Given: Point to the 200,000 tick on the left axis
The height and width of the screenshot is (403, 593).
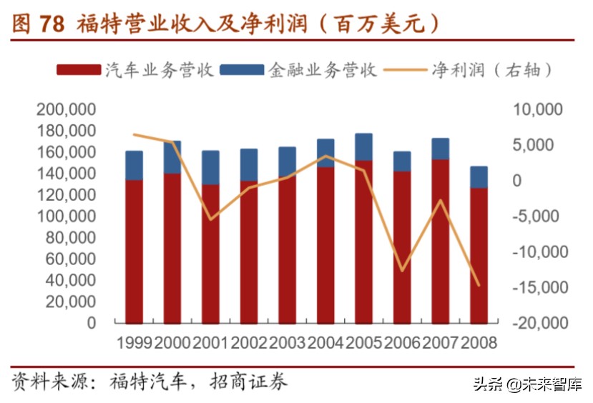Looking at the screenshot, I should (66, 110).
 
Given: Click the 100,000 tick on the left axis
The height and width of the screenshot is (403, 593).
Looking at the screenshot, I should (66, 217).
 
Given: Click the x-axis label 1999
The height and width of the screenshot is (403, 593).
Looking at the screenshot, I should (134, 343).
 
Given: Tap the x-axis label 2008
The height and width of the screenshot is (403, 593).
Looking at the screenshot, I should (479, 343).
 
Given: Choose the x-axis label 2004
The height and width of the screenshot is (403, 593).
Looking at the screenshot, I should (326, 343).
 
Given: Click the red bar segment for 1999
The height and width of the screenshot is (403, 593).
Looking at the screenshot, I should (134, 250).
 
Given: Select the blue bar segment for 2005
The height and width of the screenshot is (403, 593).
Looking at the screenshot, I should (364, 146).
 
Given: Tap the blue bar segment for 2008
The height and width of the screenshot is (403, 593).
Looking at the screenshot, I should (479, 176).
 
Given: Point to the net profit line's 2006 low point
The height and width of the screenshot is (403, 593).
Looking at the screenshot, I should (403, 271).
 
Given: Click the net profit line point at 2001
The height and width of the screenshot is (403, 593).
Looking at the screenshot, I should (211, 219).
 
